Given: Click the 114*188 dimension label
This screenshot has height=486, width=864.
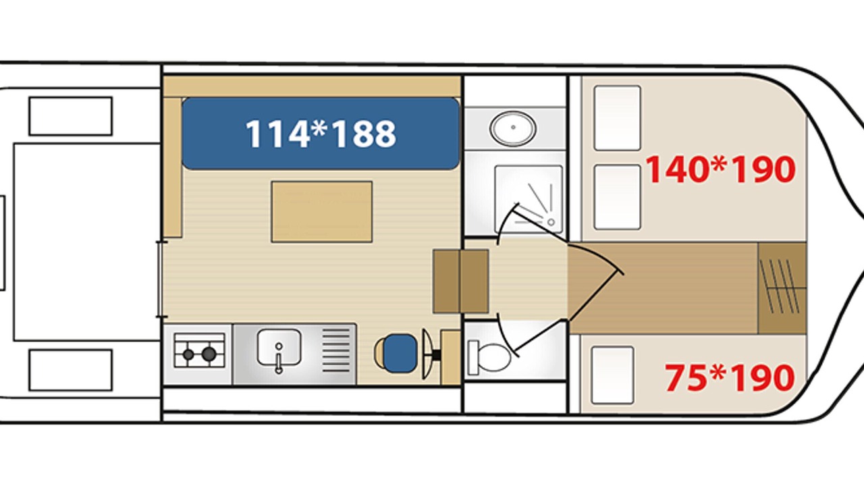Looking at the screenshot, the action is pyautogui.click(x=321, y=134).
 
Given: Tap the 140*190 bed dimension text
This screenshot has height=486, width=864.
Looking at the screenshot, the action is pyautogui.click(x=720, y=169).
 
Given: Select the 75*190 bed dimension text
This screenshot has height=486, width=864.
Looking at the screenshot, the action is pyautogui.click(x=730, y=377).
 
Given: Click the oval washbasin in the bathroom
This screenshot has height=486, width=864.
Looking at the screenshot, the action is pyautogui.click(x=512, y=128).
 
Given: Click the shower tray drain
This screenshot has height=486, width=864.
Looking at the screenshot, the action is pyautogui.click(x=551, y=222).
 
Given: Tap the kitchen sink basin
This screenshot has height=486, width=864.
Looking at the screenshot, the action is pyautogui.click(x=279, y=347).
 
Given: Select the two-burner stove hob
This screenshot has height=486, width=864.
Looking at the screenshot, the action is pyautogui.click(x=199, y=350).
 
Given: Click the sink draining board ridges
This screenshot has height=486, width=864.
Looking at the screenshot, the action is pyautogui.click(x=336, y=350).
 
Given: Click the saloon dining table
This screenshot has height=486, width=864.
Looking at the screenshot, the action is pyautogui.click(x=322, y=212).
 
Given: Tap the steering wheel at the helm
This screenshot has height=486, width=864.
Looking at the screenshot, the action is pyautogui.click(x=427, y=354).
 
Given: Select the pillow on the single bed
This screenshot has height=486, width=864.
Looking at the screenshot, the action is pyautogui.click(x=612, y=375).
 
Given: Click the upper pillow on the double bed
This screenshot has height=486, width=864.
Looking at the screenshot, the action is pyautogui.click(x=617, y=118).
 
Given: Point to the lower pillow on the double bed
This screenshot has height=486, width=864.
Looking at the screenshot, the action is pyautogui.click(x=617, y=197).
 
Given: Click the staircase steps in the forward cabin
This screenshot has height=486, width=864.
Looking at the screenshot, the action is pyautogui.click(x=782, y=288).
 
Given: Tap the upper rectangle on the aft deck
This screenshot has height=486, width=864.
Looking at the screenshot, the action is pyautogui.click(x=71, y=116).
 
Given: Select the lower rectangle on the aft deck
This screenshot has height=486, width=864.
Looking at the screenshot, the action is pyautogui.click(x=71, y=371).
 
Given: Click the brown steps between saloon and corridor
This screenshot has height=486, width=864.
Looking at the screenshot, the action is pyautogui.click(x=461, y=281).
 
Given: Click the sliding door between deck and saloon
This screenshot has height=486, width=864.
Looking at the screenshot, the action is pyautogui.click(x=161, y=279).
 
